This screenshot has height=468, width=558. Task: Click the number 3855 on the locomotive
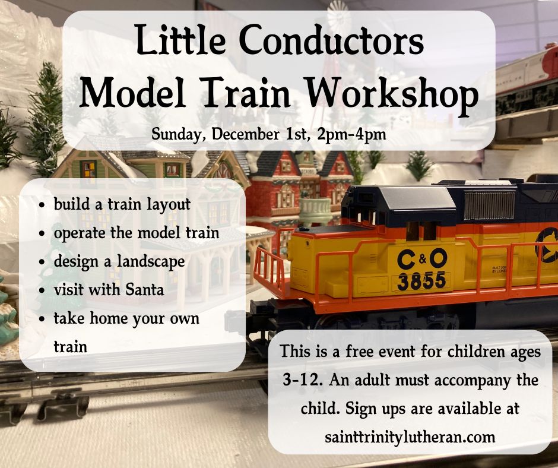pyautogui.click(x=421, y=280)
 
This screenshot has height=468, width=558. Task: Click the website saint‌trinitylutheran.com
pyautogui.click(x=410, y=437)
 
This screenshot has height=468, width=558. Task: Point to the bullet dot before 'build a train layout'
pyautogui.click(x=42, y=206)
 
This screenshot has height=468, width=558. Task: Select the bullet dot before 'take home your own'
pyautogui.click(x=42, y=320)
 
